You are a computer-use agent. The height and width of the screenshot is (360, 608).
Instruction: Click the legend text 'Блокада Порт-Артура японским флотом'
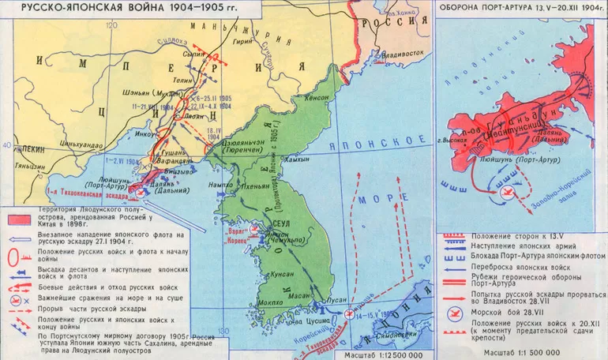[x=537, y=256]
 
